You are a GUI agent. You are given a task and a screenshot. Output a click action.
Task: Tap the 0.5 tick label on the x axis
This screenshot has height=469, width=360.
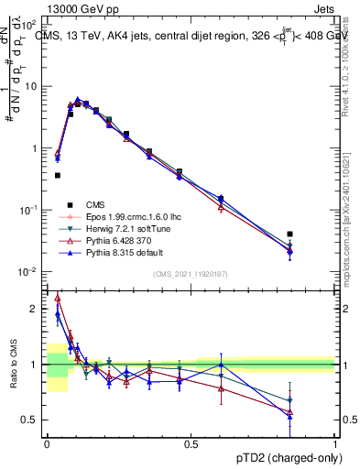[x=191, y=442]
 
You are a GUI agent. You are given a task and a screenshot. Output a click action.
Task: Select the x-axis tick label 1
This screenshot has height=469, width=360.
[x=334, y=442]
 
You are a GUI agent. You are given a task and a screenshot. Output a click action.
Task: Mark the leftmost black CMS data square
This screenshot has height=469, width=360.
[x=58, y=175]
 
